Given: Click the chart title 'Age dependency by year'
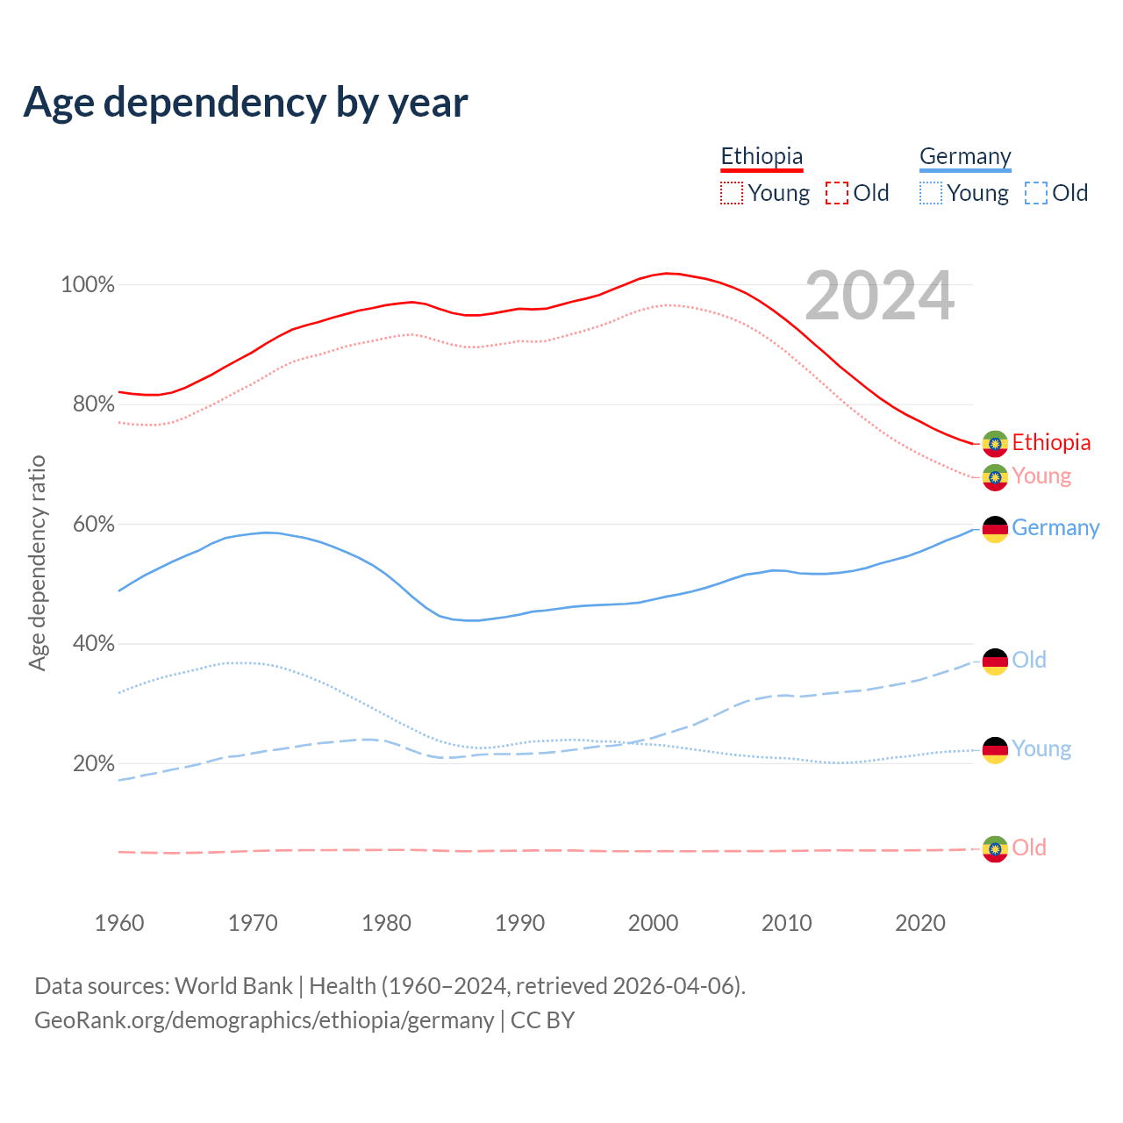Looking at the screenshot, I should [x=246, y=103].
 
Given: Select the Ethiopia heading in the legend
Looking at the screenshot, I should [x=762, y=156].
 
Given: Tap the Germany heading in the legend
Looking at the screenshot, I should [x=965, y=156].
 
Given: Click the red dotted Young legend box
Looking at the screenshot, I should [x=732, y=193].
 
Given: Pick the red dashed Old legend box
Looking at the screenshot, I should [x=837, y=193].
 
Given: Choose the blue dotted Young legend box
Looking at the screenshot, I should [x=931, y=193].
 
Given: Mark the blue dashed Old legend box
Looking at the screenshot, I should [x=1036, y=193].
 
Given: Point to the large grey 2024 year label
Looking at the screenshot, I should [x=879, y=297].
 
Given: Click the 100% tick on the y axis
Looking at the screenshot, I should [x=88, y=285].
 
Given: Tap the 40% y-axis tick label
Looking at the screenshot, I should [x=92, y=644].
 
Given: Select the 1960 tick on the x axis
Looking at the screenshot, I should [x=119, y=923].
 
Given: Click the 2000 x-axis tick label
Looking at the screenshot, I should [x=653, y=923].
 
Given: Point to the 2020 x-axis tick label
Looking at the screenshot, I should [x=919, y=923].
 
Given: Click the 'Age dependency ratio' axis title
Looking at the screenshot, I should [x=37, y=562].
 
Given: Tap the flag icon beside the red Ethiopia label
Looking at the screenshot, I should [x=994, y=444].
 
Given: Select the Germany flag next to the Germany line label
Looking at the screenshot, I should [x=994, y=529].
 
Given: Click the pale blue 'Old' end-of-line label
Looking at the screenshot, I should [x=1029, y=661].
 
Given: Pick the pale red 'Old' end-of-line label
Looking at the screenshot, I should [x=1029, y=848].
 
